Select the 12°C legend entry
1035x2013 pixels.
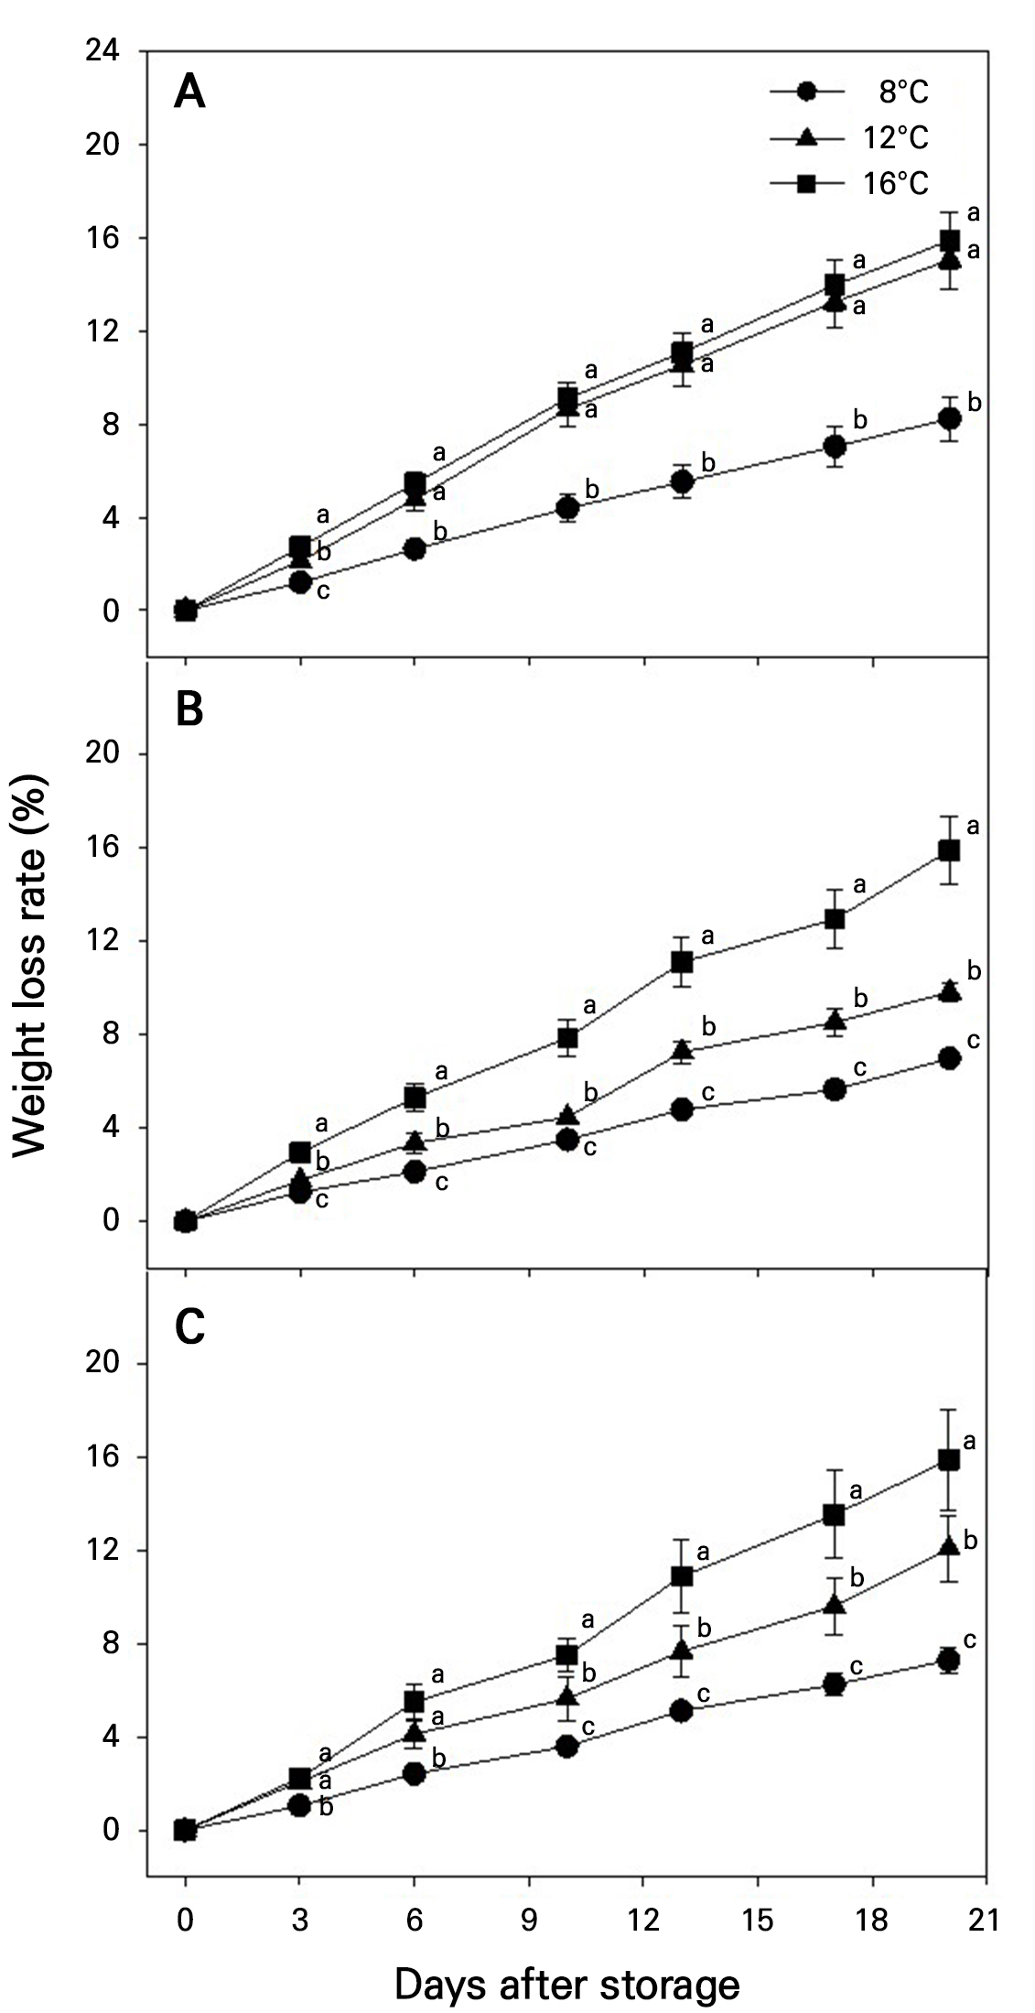[849, 137]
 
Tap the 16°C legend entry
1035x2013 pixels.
[849, 183]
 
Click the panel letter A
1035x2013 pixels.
[189, 92]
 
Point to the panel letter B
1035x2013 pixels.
[189, 710]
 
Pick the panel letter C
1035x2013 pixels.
[189, 1328]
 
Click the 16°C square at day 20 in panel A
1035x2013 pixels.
[949, 241]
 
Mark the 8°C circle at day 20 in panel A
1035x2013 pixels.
[949, 418]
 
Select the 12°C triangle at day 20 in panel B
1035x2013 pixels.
[949, 991]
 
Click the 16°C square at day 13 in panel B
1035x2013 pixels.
[682, 962]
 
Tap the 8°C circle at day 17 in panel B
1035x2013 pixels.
[834, 1089]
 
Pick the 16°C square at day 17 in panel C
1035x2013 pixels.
[834, 1515]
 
